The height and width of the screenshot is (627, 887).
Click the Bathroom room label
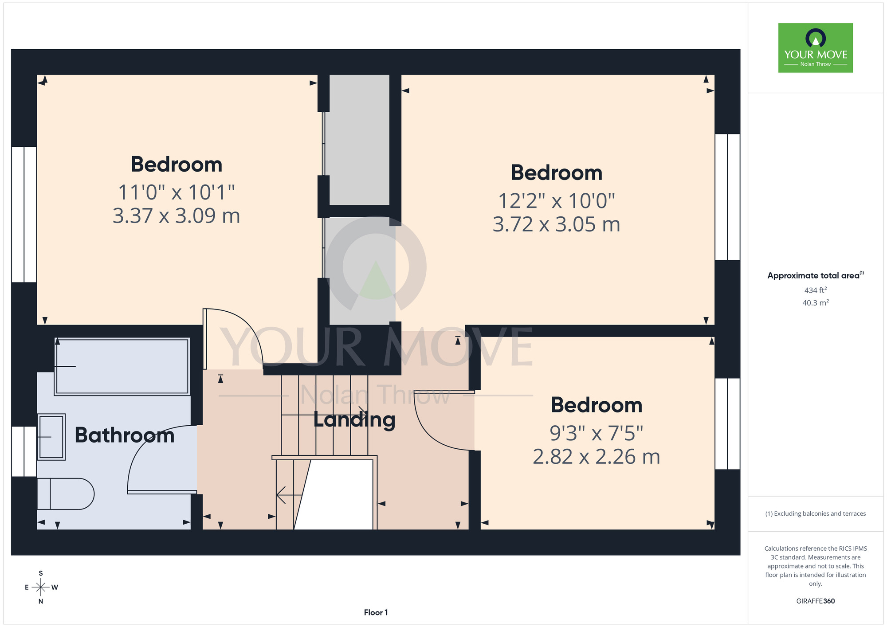pyautogui.click(x=125, y=435)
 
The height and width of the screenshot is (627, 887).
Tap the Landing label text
pyautogui.click(x=354, y=420)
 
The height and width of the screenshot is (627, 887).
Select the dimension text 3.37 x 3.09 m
pyautogui.click(x=176, y=216)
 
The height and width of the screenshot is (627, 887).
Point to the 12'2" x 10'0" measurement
pyautogui.click(x=557, y=201)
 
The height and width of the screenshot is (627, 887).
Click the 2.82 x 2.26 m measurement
pyautogui.click(x=596, y=457)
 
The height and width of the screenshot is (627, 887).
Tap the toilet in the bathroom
pyautogui.click(x=66, y=494)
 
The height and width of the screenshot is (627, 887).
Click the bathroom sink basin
pyautogui.click(x=51, y=437)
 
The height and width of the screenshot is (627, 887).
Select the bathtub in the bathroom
pyautogui.click(x=122, y=366)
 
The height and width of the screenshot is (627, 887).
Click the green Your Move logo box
pyautogui.click(x=816, y=48)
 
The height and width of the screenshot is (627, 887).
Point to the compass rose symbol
pyautogui.click(x=41, y=588)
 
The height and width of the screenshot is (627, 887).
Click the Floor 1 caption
pyautogui.click(x=376, y=612)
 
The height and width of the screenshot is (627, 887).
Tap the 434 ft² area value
pyautogui.click(x=816, y=290)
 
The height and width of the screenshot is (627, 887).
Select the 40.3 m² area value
pyautogui.click(x=816, y=303)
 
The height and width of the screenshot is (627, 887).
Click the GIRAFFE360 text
pyautogui.click(x=816, y=601)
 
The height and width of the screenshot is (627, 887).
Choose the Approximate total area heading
pyautogui.click(x=816, y=275)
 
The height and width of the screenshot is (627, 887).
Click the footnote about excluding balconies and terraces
pyautogui.click(x=816, y=513)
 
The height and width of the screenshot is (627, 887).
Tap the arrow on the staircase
pyautogui.click(x=289, y=494)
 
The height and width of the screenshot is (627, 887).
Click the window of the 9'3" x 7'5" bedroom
pyautogui.click(x=727, y=423)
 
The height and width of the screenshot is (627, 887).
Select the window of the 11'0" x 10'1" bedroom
pyautogui.click(x=24, y=214)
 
